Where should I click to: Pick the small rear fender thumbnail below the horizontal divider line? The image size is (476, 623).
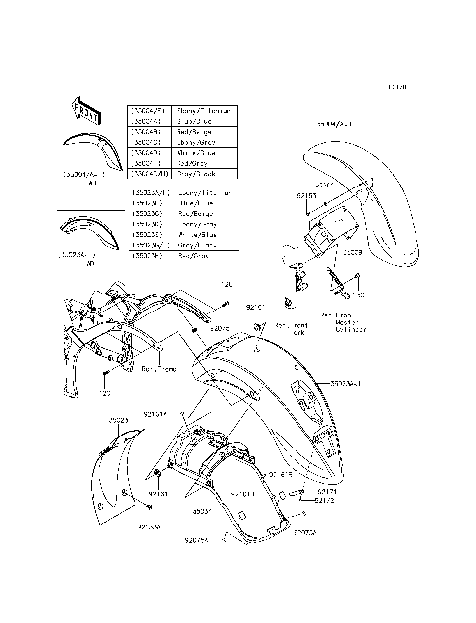tap(90, 237)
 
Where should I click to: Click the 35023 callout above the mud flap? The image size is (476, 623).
tap(119, 420)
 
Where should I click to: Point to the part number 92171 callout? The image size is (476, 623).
tap(327, 491)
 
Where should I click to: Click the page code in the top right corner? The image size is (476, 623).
tap(398, 87)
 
